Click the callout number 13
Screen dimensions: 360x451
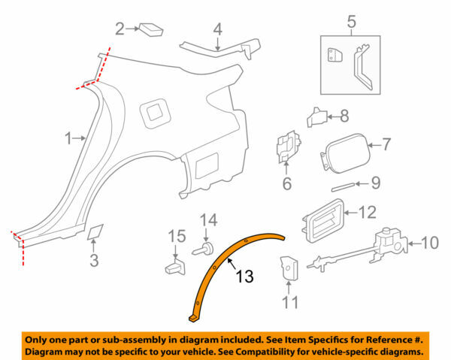244,277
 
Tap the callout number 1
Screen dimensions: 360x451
68,138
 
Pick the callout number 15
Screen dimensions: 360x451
175,237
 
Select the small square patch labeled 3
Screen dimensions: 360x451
96,231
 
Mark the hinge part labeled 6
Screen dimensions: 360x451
286,147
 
